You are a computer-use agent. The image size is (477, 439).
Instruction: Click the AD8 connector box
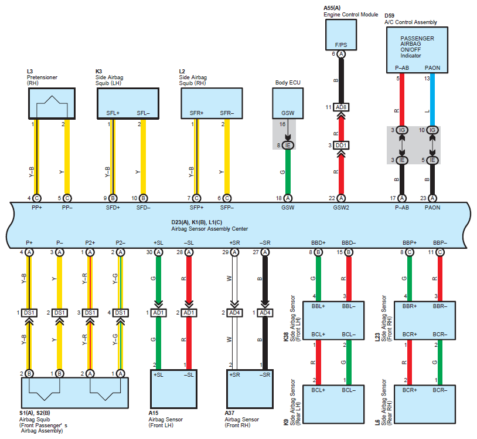(x=341, y=107)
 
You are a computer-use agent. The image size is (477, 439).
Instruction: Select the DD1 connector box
(x=341, y=146)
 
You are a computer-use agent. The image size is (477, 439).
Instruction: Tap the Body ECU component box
(x=288, y=103)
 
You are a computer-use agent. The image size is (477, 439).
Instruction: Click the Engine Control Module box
(x=341, y=35)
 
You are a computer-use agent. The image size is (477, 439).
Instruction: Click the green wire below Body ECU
(x=288, y=172)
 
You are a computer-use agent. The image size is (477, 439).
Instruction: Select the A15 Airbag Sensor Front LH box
(x=173, y=389)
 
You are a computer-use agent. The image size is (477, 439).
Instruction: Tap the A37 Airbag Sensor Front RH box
(x=250, y=389)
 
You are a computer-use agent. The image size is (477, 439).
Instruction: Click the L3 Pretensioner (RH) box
(x=52, y=103)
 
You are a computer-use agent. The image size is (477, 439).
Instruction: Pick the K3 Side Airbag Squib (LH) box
(x=128, y=103)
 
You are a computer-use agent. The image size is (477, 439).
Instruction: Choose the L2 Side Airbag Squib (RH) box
(x=212, y=103)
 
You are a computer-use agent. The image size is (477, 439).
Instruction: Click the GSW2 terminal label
(x=341, y=207)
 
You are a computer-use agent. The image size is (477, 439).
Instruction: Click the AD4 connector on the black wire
(x=265, y=313)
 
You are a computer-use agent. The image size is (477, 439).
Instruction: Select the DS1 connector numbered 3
(x=90, y=313)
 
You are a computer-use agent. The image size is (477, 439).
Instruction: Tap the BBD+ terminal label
(x=318, y=243)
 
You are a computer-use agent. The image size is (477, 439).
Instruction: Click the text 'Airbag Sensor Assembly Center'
(x=210, y=229)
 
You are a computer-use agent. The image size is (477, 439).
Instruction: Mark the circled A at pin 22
(x=341, y=198)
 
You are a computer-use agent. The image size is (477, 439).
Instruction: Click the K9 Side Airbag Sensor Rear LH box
(x=333, y=404)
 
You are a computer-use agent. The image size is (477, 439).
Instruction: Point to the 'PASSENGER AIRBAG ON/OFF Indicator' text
(x=417, y=47)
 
